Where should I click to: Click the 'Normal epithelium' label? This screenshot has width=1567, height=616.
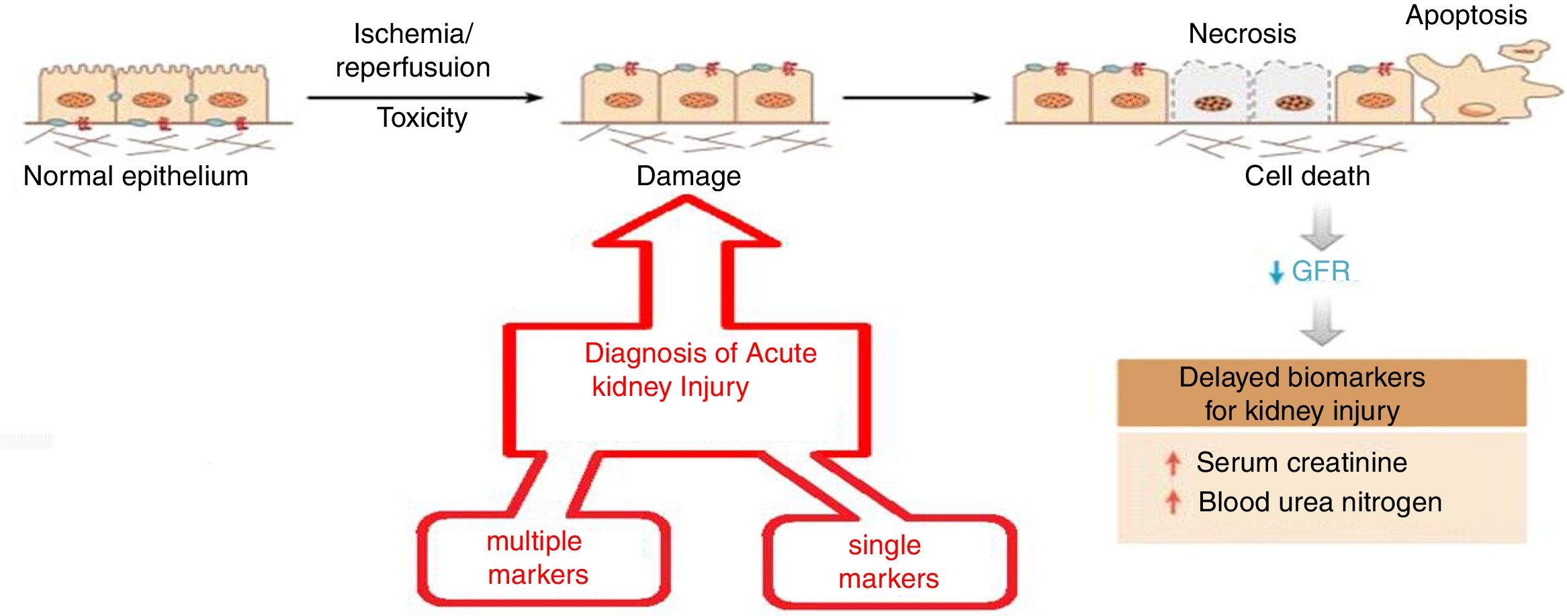(x=136, y=176)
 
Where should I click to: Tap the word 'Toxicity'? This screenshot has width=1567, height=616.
(x=422, y=118)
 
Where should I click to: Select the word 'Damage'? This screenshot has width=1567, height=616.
(x=688, y=176)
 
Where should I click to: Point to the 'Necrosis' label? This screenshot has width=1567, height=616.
(x=1242, y=34)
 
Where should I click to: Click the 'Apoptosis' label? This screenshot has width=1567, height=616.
(x=1466, y=15)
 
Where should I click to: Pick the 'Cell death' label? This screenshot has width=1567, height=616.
(x=1307, y=176)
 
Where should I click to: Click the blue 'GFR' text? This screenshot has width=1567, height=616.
(x=1320, y=271)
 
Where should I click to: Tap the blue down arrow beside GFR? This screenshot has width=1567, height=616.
(x=1275, y=272)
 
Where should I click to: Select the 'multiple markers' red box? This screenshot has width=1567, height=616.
(x=543, y=558)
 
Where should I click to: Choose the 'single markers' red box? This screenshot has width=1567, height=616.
(x=889, y=562)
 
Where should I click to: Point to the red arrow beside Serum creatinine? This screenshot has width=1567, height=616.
(x=1173, y=463)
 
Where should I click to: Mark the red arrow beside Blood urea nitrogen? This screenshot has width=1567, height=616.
(x=1173, y=502)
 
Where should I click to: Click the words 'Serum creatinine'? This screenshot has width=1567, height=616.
(x=1301, y=463)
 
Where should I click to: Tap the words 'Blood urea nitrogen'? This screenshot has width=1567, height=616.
(x=1320, y=502)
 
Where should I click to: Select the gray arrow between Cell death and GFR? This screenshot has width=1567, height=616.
(x=1321, y=228)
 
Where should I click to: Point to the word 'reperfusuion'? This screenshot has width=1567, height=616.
(x=413, y=68)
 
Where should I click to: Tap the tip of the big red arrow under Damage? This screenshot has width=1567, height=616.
(x=686, y=199)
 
